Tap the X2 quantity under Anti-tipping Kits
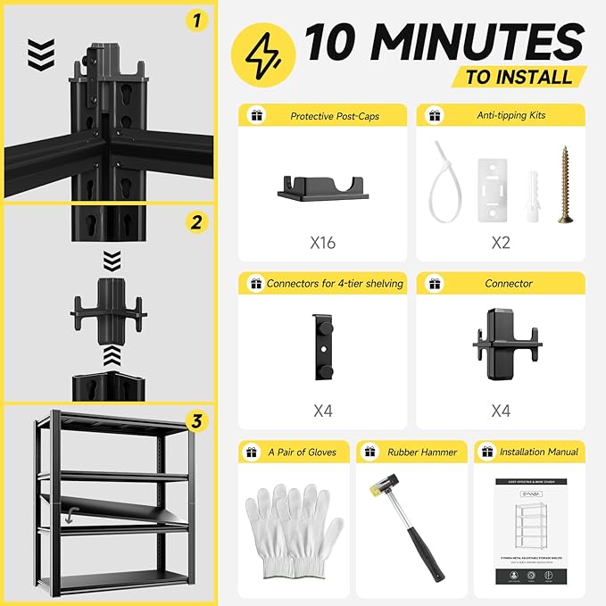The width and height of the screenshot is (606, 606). [501, 242]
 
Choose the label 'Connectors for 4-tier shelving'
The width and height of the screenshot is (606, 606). [335, 284]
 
